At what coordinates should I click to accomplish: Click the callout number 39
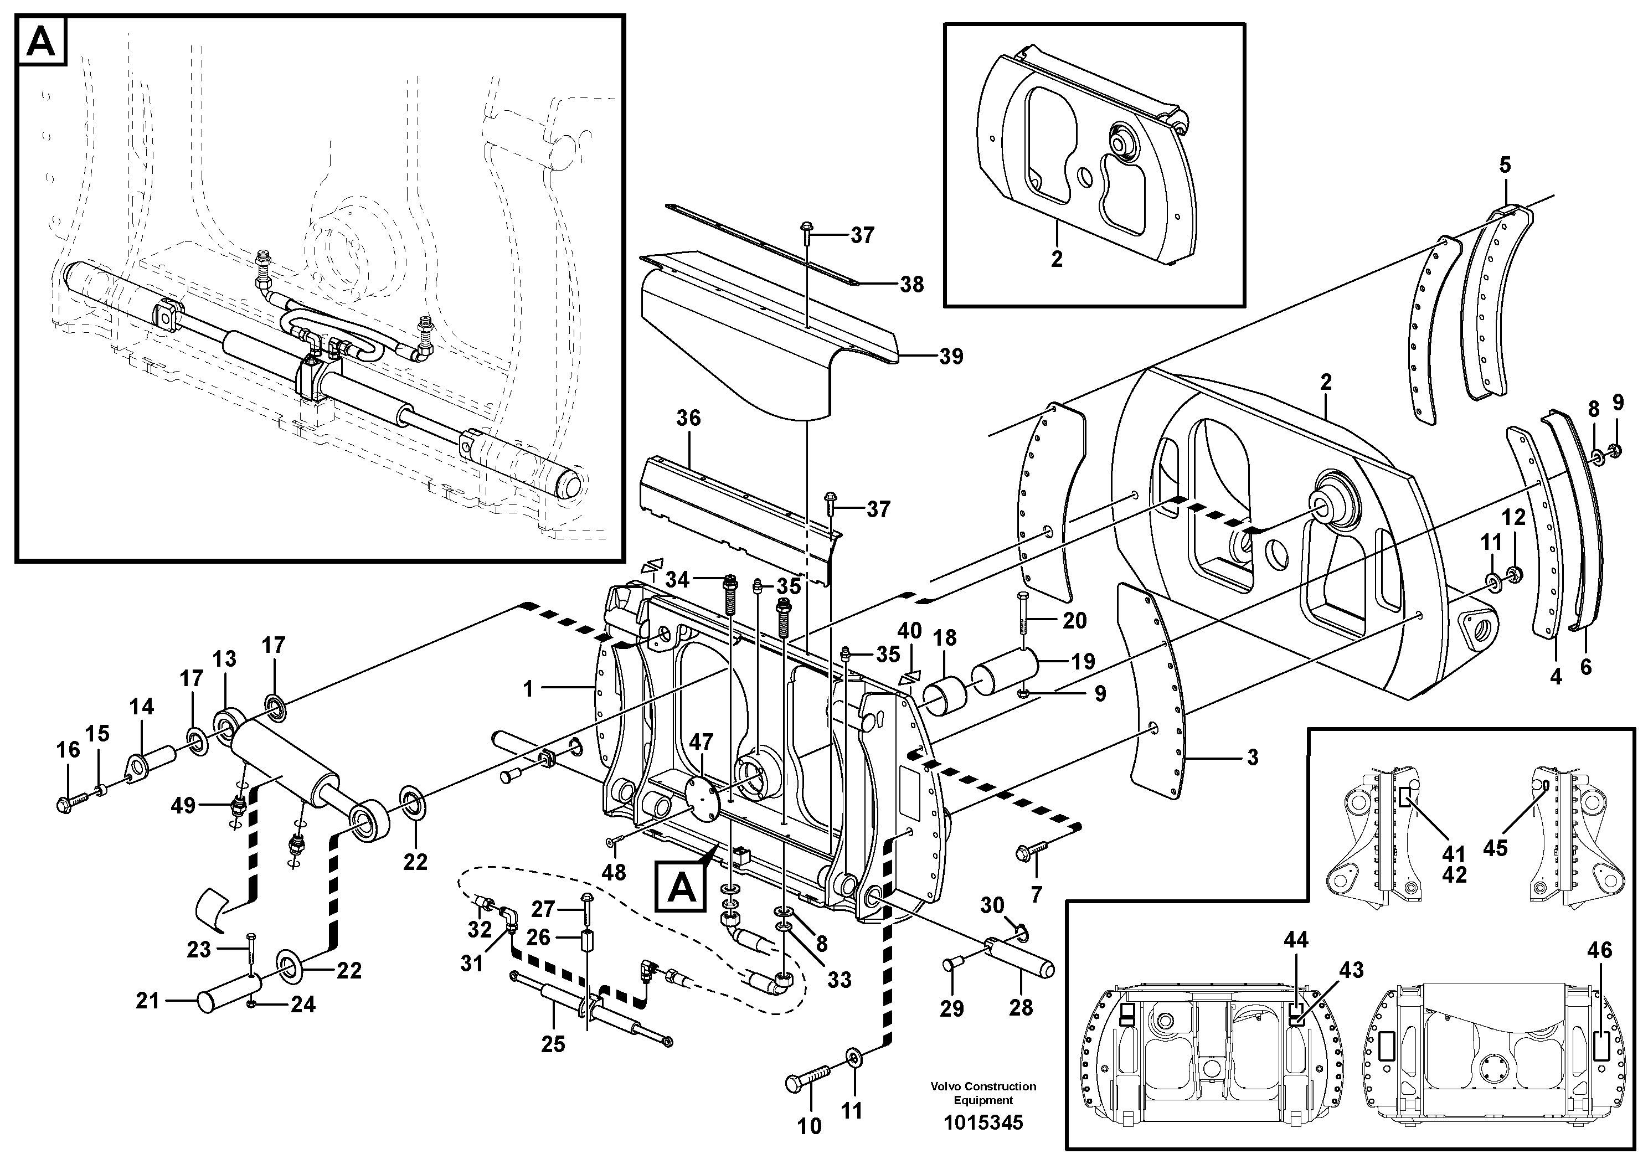[x=951, y=356]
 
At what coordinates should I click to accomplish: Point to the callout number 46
[x=1600, y=950]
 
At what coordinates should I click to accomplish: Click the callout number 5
[x=1505, y=165]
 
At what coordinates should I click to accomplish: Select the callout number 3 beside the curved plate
[x=1253, y=757]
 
